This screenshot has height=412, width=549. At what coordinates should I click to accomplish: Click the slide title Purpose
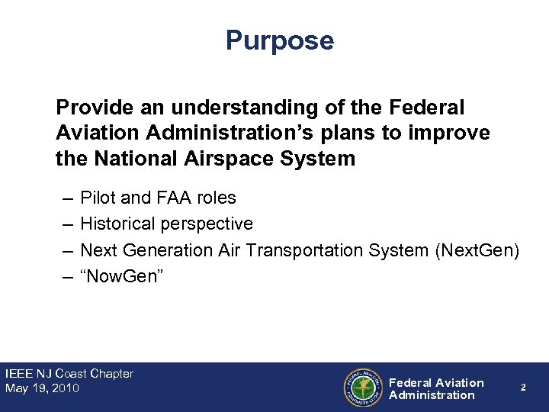click(x=279, y=40)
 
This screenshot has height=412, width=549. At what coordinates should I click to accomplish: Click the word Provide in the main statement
click(x=87, y=108)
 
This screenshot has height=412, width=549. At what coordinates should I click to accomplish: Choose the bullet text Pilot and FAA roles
click(x=158, y=198)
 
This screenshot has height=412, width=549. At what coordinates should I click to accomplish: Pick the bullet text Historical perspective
click(x=166, y=224)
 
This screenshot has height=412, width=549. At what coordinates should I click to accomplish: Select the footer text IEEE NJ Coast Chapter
click(x=69, y=374)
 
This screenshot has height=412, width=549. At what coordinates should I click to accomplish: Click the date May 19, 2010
click(x=42, y=388)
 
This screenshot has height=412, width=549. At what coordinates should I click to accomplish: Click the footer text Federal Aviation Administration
click(x=435, y=388)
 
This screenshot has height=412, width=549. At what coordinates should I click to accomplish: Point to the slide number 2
click(x=523, y=388)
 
